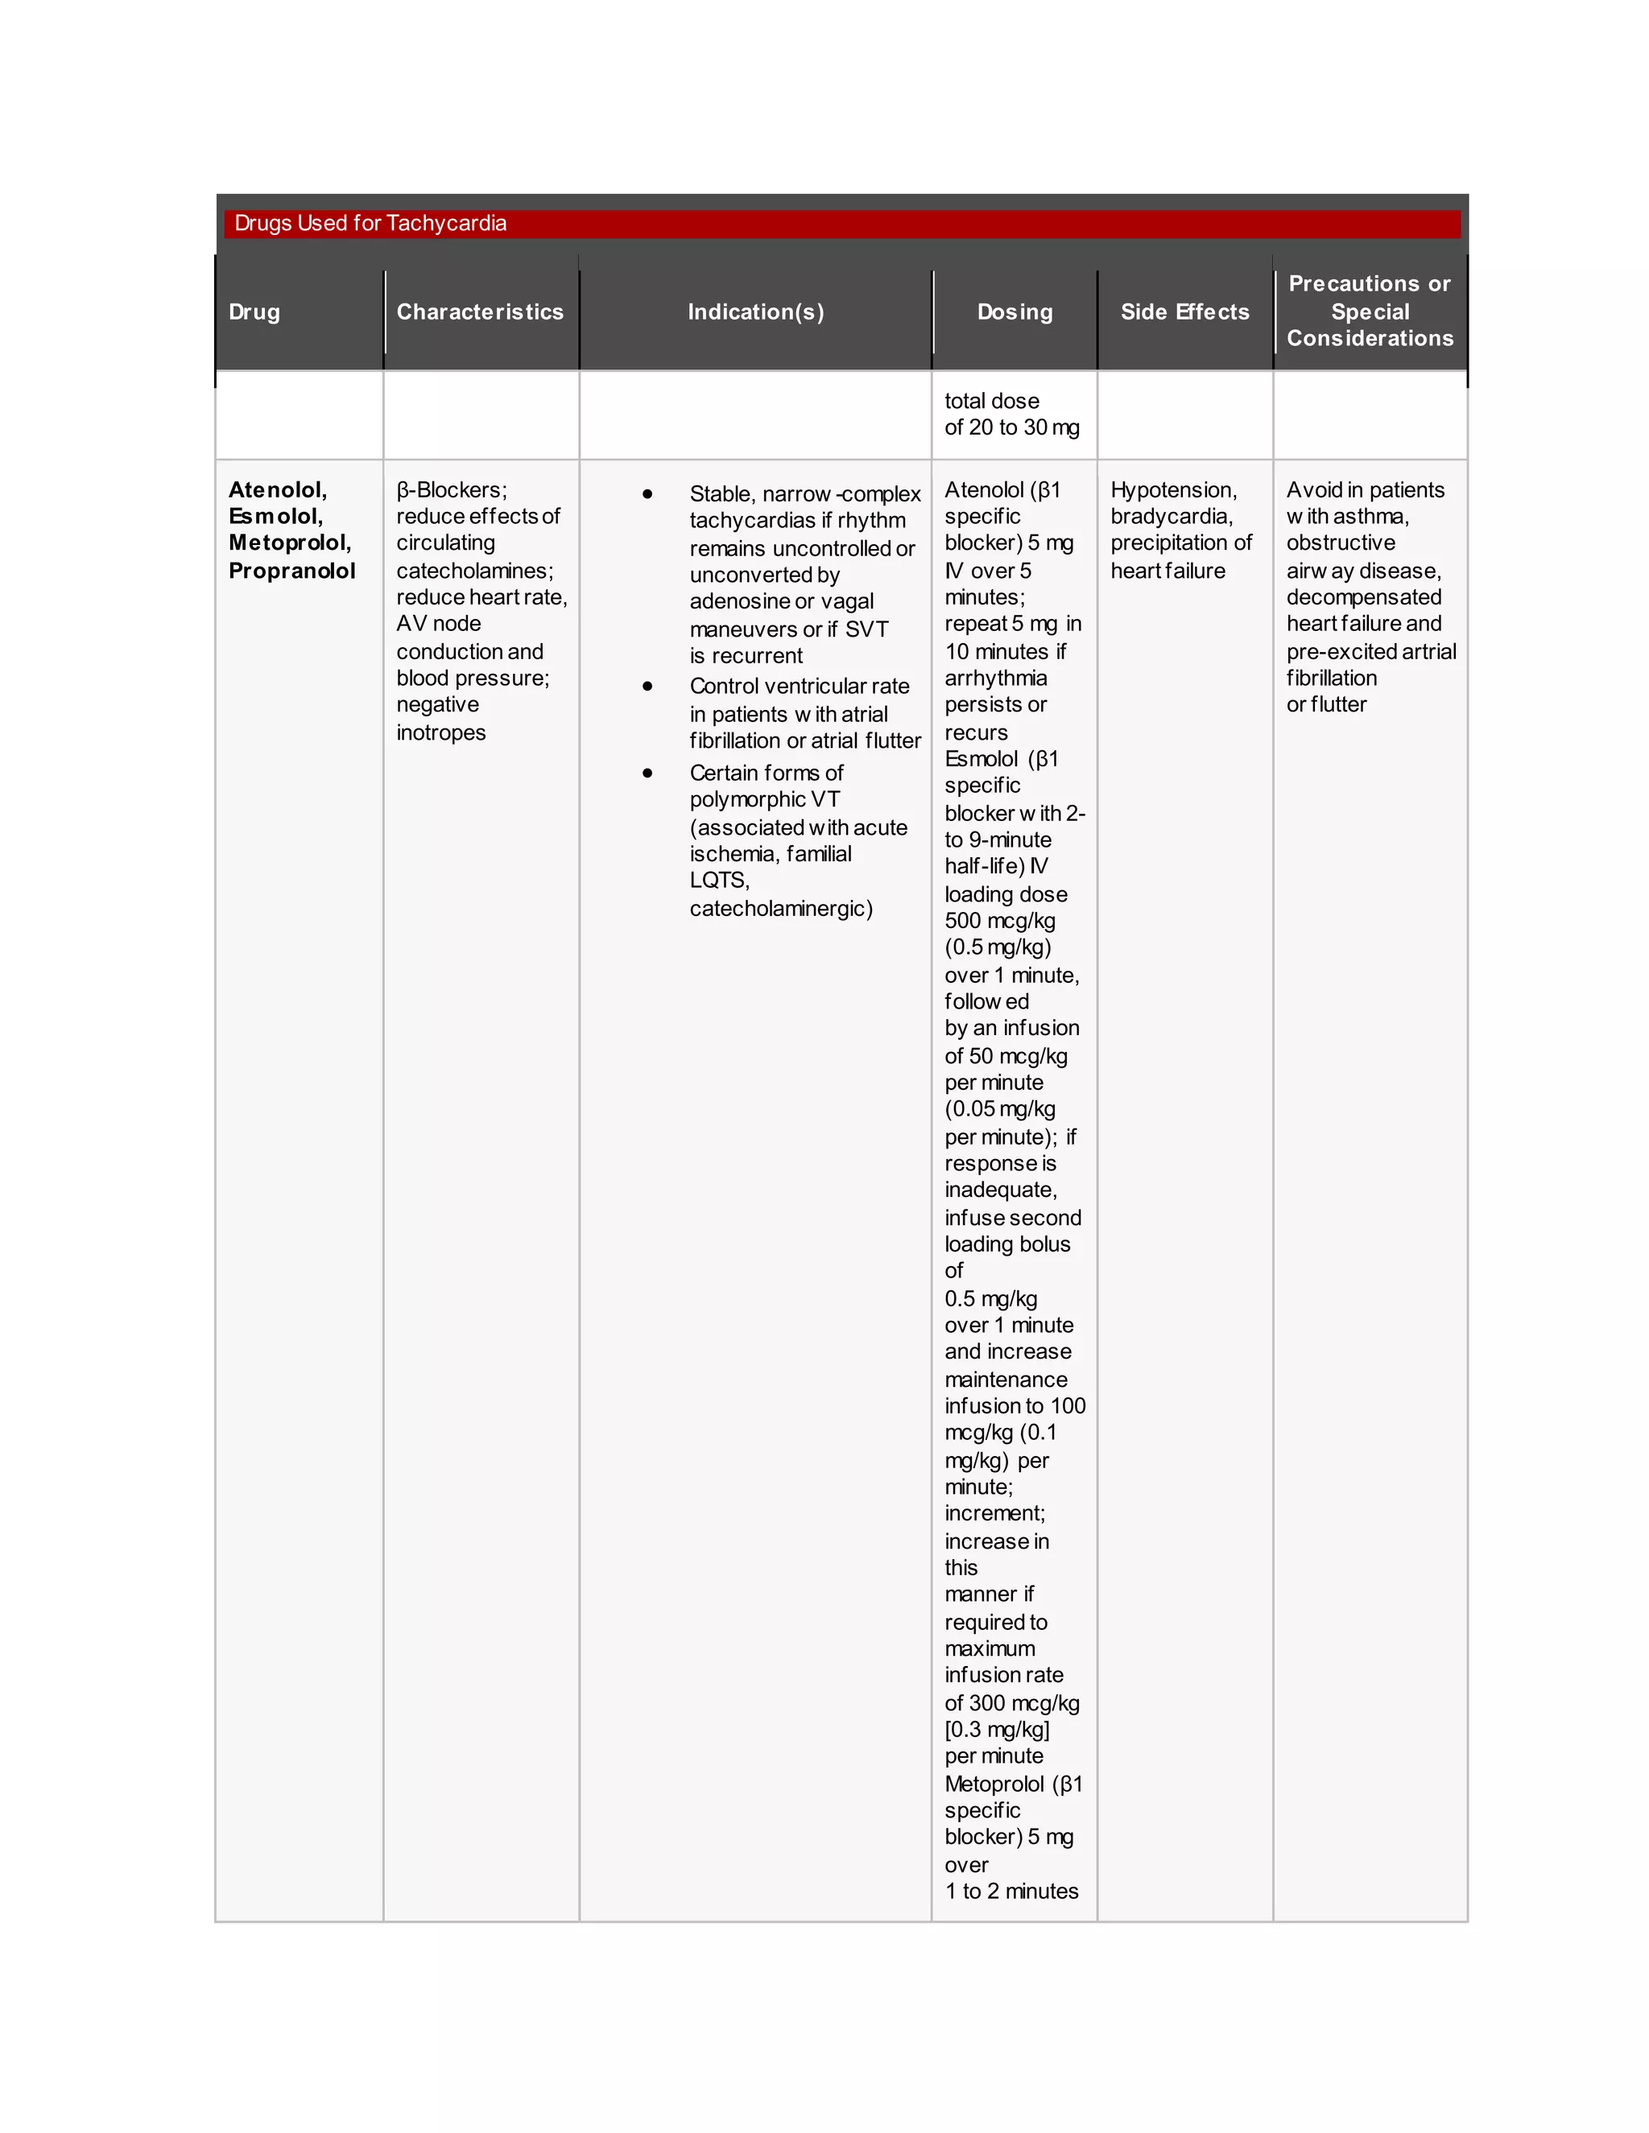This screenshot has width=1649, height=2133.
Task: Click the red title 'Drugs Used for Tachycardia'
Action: tap(370, 224)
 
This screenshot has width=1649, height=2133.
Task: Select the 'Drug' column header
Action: tap(254, 312)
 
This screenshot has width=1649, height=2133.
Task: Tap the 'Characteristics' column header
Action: tap(480, 312)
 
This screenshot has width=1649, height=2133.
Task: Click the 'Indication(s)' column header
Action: tap(755, 312)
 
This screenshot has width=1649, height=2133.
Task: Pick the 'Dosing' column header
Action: tap(1015, 312)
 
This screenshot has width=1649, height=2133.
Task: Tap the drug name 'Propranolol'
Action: tap(291, 571)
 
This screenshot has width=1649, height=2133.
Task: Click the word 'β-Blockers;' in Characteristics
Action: tap(452, 490)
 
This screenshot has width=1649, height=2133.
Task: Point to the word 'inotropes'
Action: tap(440, 732)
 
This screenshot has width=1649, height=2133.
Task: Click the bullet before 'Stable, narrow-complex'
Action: tap(647, 494)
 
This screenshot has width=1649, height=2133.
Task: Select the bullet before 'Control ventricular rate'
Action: tap(647, 687)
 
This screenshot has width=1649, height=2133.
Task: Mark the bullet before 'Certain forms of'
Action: tap(647, 774)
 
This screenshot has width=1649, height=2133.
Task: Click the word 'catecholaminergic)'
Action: tap(780, 910)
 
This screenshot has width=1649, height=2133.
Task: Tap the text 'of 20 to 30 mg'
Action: tap(1011, 427)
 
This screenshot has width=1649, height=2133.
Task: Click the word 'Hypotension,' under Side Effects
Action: tap(1173, 490)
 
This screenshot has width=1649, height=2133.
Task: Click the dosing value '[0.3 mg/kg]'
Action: tap(997, 1730)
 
